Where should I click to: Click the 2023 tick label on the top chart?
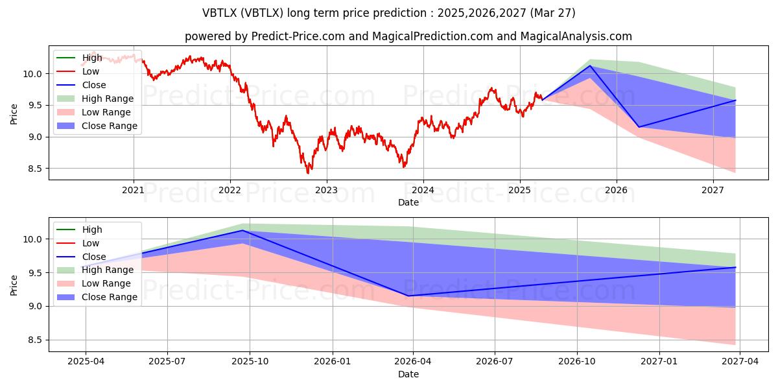pos(326,190)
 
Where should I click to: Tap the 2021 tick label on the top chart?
pos(134,190)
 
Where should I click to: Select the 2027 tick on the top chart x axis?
pos(713,190)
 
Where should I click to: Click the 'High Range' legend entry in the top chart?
pos(107,99)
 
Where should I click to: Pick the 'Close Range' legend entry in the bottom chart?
pos(109,297)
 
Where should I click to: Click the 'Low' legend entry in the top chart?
pos(91,71)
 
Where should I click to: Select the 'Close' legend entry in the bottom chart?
pos(94,257)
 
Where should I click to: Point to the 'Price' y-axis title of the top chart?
pos(14,114)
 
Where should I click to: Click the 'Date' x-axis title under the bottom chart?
pos(408,374)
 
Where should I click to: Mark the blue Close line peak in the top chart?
pos(590,65)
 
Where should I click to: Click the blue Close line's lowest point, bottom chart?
pos(408,296)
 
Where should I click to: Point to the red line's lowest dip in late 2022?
pos(308,172)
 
